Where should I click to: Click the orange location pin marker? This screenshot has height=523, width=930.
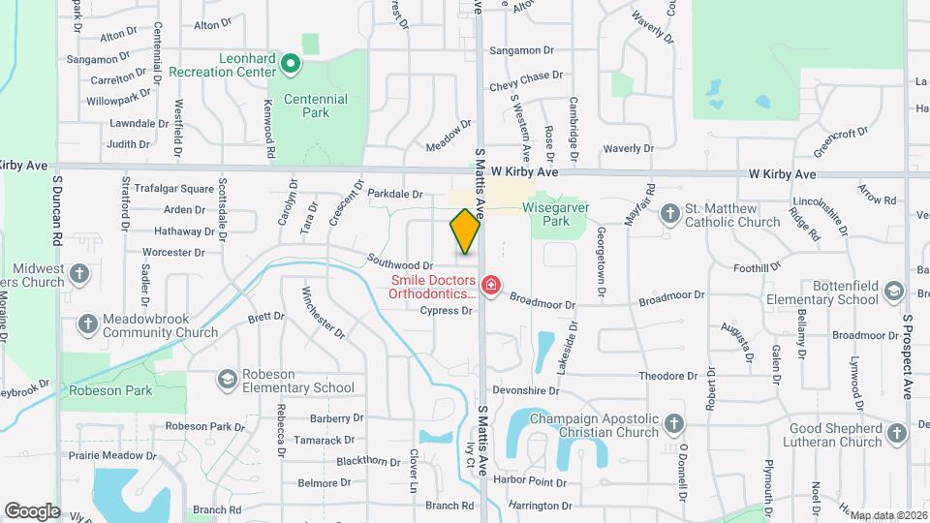click(465, 231)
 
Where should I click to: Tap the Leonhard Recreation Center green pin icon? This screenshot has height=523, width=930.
click(289, 65)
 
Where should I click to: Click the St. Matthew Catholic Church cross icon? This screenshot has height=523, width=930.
click(669, 213)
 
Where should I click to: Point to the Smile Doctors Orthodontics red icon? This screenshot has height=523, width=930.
click(491, 286)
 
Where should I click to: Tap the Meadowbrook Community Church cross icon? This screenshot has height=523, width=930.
click(87, 324)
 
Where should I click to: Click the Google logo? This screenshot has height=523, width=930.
click(32, 510)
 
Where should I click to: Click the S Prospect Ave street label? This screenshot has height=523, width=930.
click(909, 356)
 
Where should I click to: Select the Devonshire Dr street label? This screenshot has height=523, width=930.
click(526, 391)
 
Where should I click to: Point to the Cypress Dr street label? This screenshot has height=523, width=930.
click(446, 311)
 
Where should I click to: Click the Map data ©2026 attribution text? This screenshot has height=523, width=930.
click(888, 515)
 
